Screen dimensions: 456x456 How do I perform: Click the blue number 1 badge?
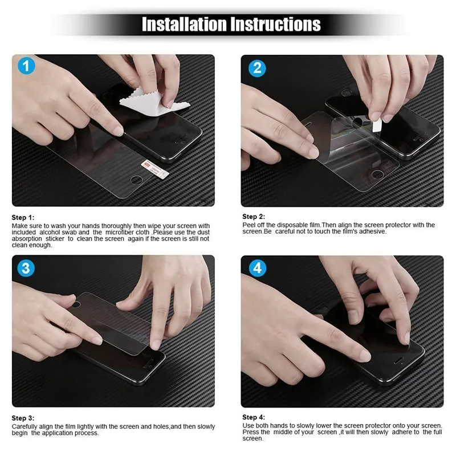tap(26, 66)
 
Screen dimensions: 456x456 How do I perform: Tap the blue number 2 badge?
tap(257, 68)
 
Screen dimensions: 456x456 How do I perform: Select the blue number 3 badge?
tap(26, 268)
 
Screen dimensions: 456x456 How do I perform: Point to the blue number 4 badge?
tap(258, 268)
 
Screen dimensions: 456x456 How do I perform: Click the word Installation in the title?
tap(184, 24)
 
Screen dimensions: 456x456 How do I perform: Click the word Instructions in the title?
tap(276, 24)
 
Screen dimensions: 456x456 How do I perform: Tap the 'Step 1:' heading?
tap(23, 218)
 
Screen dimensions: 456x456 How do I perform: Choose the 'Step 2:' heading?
tap(254, 217)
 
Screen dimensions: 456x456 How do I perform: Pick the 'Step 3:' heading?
tap(23, 418)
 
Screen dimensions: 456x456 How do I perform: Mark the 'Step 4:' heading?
tap(254, 417)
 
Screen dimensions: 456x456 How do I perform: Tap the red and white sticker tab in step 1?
tap(155, 169)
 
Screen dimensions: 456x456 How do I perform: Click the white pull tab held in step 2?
tap(377, 125)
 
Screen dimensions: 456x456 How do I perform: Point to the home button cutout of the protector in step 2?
tap(377, 174)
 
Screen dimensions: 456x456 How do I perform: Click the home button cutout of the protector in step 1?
tap(137, 180)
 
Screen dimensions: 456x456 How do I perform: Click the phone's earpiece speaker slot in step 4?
tap(398, 361)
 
